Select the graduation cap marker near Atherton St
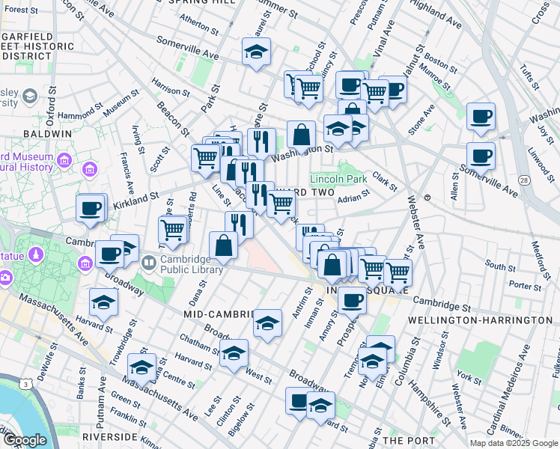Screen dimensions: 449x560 (x=256, y=52)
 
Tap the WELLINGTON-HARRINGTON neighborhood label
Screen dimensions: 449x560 (x=480, y=320)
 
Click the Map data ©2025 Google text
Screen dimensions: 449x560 (x=513, y=443)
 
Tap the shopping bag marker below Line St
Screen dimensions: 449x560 (x=224, y=245)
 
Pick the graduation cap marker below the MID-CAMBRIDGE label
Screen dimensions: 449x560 (x=267, y=323)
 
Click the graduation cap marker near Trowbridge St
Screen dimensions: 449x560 (x=141, y=367)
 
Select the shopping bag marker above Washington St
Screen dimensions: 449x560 (x=301, y=135)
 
